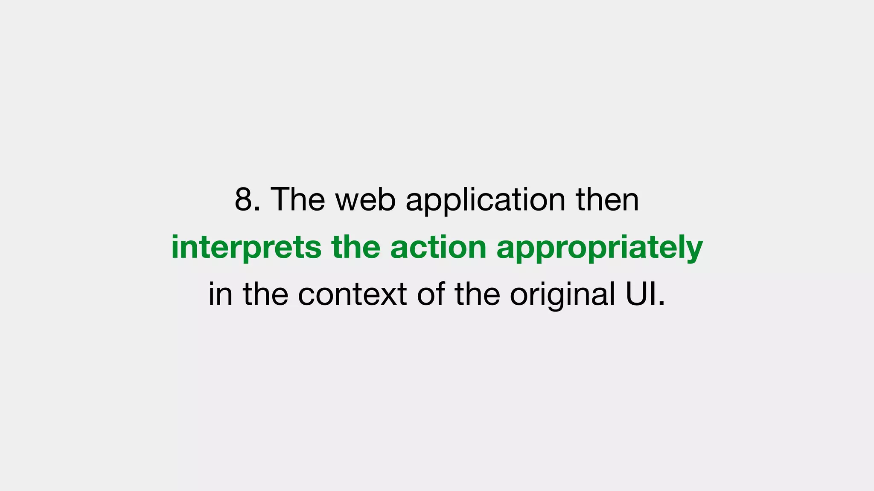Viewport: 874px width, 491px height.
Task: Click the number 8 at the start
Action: click(244, 199)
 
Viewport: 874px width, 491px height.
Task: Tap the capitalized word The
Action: click(297, 199)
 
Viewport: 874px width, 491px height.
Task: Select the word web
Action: click(365, 199)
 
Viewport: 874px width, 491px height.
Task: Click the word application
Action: click(485, 199)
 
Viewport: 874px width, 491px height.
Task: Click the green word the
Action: click(355, 247)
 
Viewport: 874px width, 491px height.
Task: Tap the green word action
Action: click(438, 247)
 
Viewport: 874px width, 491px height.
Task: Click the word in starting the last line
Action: click(220, 294)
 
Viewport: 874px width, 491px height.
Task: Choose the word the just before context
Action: click(265, 294)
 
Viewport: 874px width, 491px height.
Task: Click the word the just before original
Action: click(477, 294)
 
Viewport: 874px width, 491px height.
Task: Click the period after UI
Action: click(662, 304)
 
